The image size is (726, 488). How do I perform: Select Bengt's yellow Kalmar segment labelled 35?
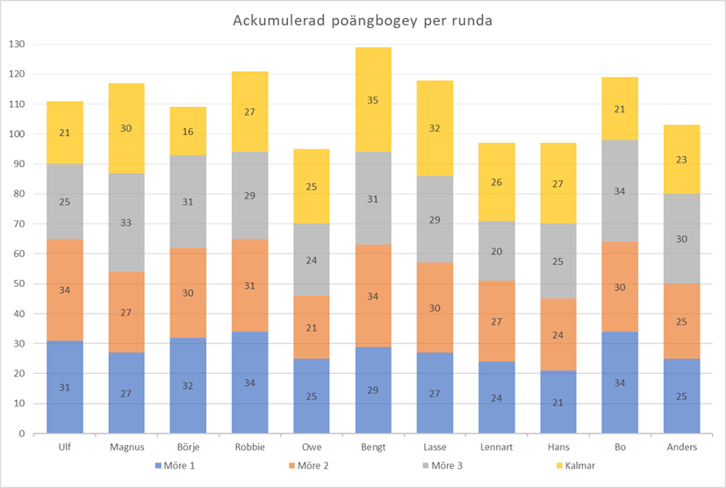(x=373, y=100)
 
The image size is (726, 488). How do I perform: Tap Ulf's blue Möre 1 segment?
(x=65, y=387)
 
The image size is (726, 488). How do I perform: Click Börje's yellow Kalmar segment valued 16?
(x=189, y=132)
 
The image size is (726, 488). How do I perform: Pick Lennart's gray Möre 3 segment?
(x=496, y=251)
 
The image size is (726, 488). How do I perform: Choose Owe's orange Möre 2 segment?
(x=312, y=327)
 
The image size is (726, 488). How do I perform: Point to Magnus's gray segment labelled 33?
(x=126, y=223)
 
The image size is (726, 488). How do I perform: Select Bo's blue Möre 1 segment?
(x=620, y=383)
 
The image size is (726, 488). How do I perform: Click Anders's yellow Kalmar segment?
(x=681, y=159)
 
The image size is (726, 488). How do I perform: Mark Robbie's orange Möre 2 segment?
(x=250, y=285)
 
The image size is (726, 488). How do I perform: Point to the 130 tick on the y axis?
(x=18, y=44)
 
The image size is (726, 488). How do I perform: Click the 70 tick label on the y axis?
(x=20, y=224)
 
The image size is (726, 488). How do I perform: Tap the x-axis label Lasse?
(x=435, y=448)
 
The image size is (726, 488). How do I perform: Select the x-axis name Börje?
(x=189, y=448)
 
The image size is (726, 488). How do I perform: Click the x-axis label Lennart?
(x=496, y=448)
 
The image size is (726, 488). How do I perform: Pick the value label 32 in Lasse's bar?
(x=435, y=127)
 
